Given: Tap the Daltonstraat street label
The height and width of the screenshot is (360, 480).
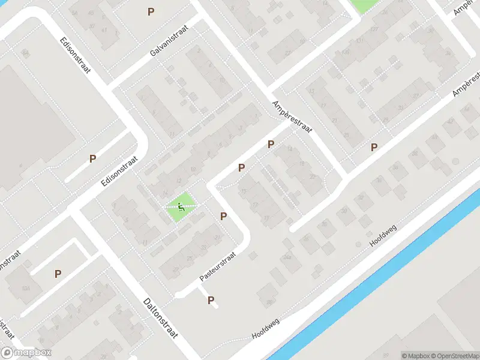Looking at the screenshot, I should click(x=161, y=318).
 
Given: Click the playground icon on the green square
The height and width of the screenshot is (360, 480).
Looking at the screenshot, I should click(x=181, y=208).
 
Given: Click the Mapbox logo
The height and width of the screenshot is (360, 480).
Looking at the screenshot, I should click(x=26, y=353).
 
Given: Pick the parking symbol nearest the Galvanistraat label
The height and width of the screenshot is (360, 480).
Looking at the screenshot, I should click(x=151, y=11).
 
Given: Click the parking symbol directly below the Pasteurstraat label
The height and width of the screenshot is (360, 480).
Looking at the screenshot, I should click(x=211, y=301).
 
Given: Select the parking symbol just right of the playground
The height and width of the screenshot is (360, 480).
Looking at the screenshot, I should click(x=223, y=216).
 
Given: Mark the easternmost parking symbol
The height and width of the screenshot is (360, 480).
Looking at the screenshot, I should click(x=374, y=147).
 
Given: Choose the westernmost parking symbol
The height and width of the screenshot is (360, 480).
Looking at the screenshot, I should click(x=58, y=274).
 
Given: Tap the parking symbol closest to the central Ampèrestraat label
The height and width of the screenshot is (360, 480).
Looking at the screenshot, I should click(x=271, y=144).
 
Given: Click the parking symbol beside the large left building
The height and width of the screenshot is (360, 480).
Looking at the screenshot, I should click(x=92, y=159).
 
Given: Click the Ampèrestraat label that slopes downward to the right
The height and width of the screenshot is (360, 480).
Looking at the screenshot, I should click(x=293, y=119).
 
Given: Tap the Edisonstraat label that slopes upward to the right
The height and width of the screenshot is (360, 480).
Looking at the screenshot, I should click(x=120, y=172).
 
